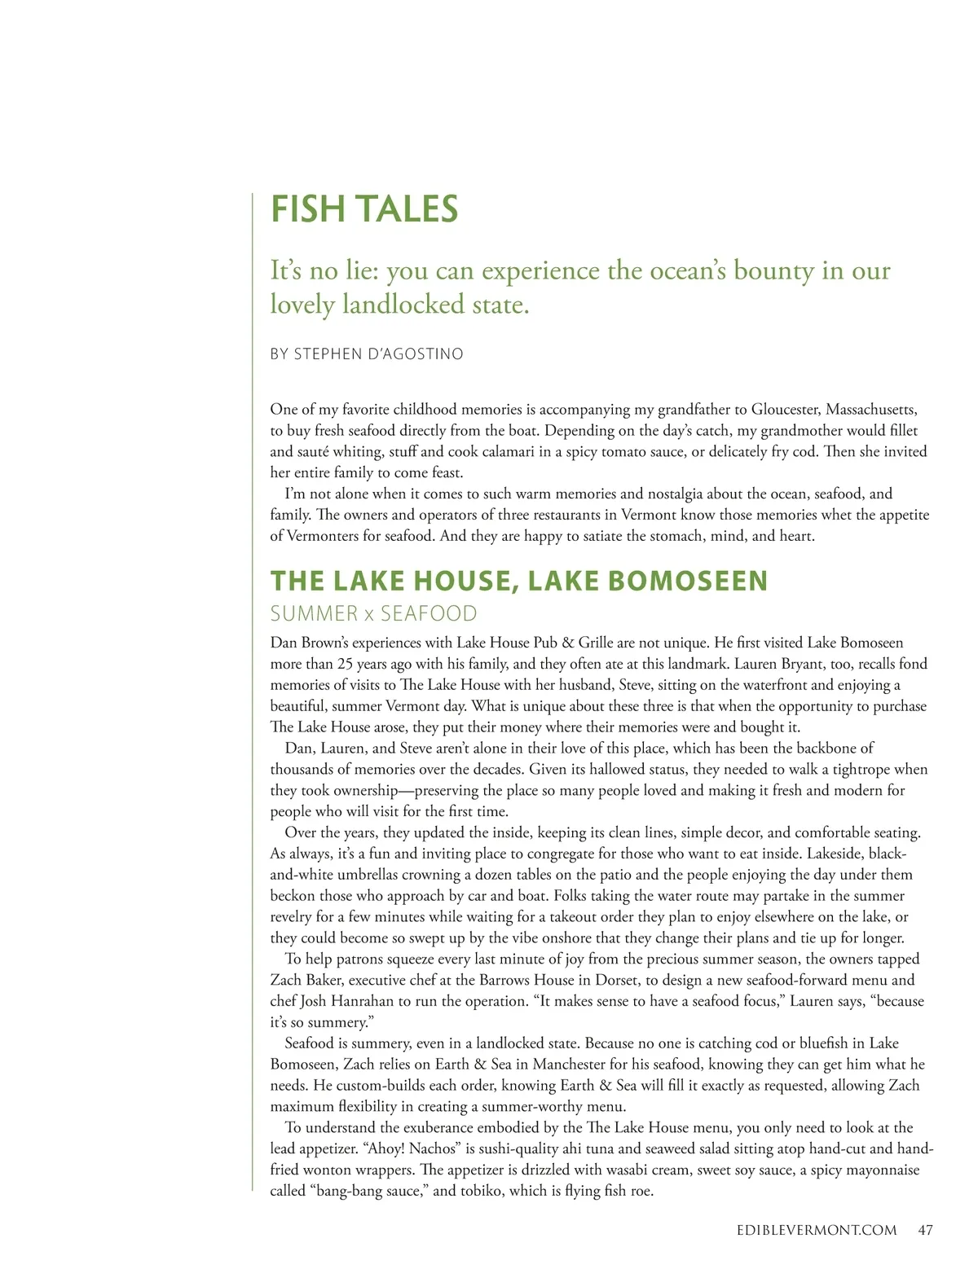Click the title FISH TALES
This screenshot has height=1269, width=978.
364,209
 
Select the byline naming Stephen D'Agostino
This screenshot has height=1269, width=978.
367,354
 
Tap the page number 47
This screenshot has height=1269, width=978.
924,1230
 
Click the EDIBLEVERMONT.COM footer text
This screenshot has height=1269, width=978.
810,1230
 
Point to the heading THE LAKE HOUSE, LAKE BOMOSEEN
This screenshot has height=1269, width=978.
519,581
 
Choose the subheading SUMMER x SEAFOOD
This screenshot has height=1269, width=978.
373,613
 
